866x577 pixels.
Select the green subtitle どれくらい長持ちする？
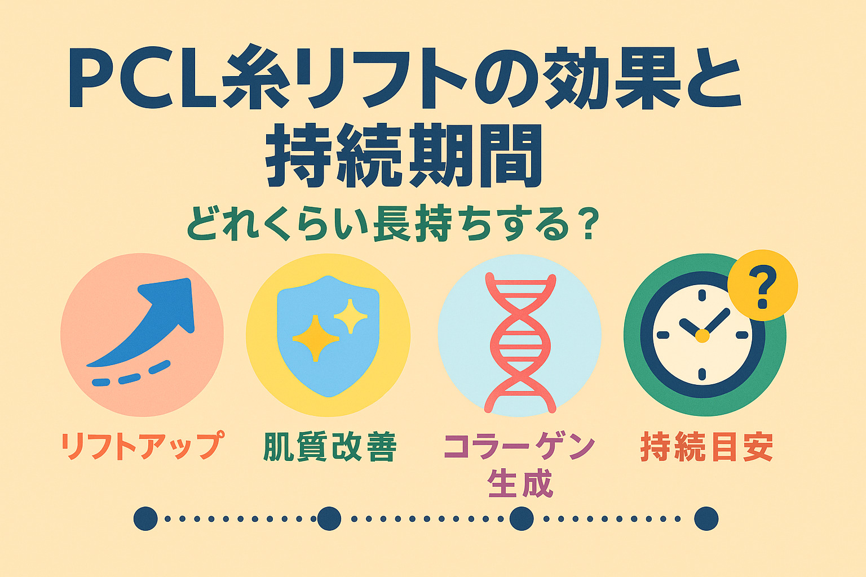click(393, 224)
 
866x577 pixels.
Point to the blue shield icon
click(328, 335)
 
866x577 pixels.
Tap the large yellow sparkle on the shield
click(316, 338)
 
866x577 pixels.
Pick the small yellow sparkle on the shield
click(350, 316)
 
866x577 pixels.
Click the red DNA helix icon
click(520, 343)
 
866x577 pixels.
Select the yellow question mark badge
click(762, 285)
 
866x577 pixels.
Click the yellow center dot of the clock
click(702, 335)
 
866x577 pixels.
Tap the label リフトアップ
click(142, 446)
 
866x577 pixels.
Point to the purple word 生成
click(520, 483)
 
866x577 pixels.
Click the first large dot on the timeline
click(145, 518)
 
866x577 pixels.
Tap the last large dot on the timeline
click(706, 518)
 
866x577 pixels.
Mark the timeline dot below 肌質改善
click(329, 518)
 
